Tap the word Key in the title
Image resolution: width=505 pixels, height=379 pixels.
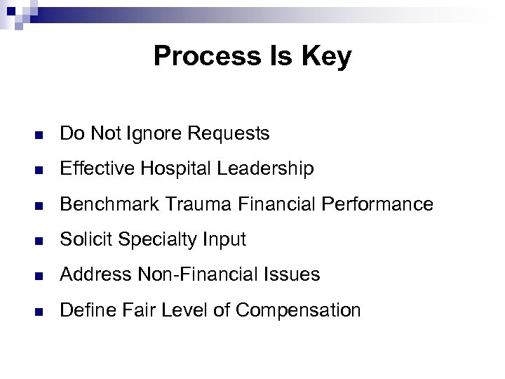328,57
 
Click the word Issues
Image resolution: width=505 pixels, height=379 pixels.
290,274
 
